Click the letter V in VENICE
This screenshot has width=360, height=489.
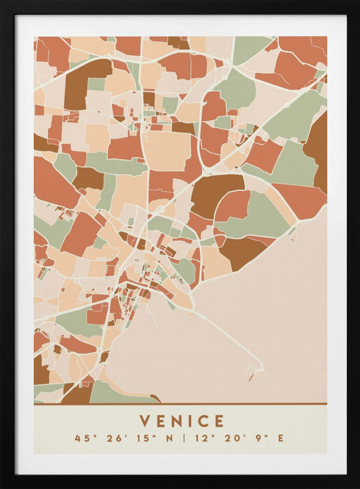pyautogui.click(x=145, y=421)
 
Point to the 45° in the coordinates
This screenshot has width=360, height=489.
pyautogui.click(x=84, y=438)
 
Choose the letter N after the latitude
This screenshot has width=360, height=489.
pyautogui.click(x=170, y=438)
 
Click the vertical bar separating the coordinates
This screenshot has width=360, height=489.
pyautogui.click(x=184, y=438)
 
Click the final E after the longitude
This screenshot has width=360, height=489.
pyautogui.click(x=280, y=438)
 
